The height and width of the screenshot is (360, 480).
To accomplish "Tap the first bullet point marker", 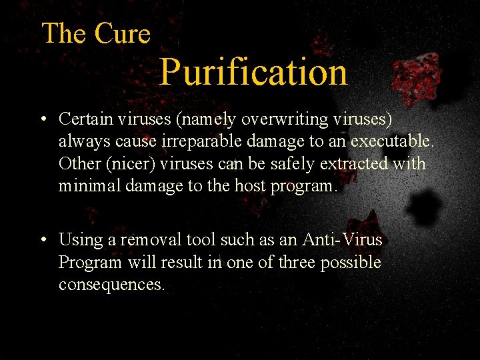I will [42, 120].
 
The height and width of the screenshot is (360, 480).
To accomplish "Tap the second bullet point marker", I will [42, 240].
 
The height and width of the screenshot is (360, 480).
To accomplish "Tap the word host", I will [248, 186].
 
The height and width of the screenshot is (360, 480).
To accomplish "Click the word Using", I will [78, 239].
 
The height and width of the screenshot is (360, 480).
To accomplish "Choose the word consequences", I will [111, 285].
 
